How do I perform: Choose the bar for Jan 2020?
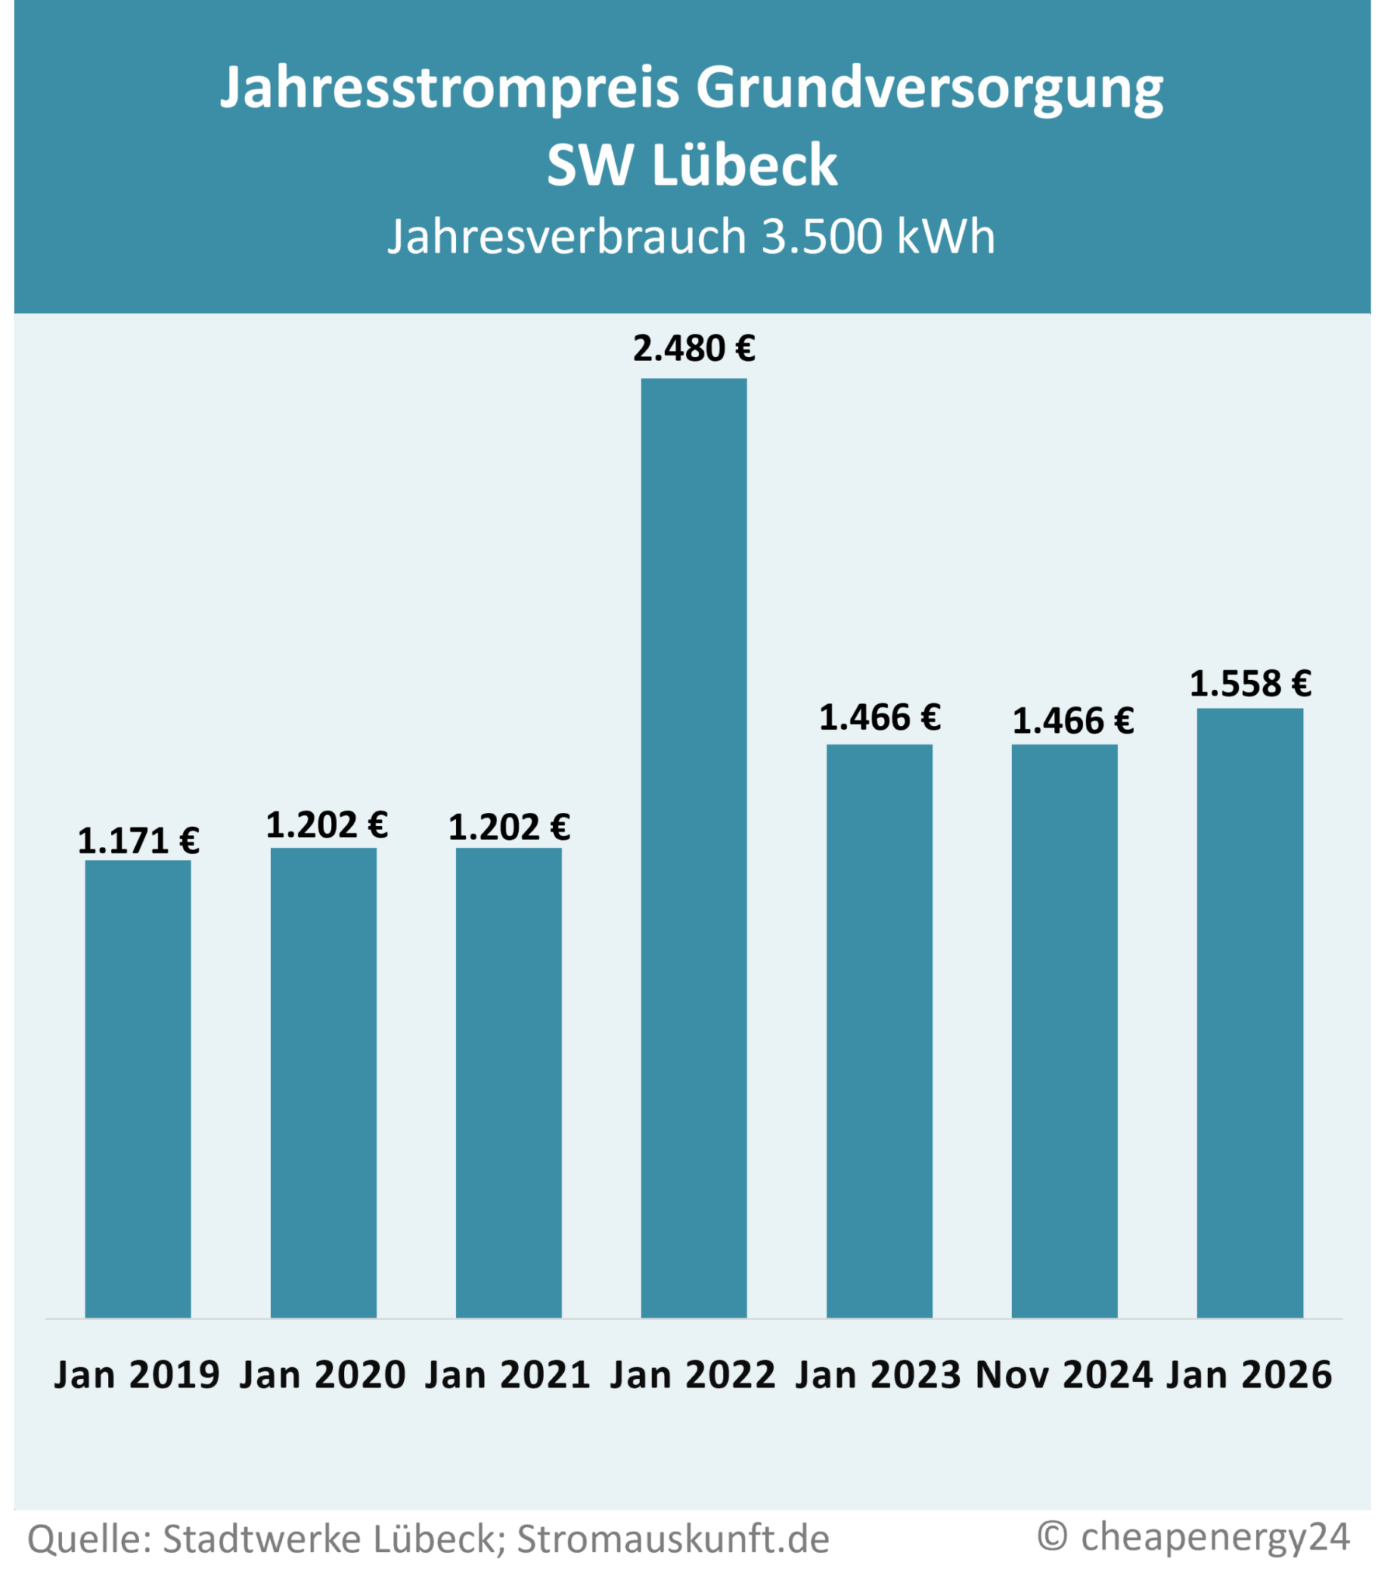323,1083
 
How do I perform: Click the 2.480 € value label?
694,349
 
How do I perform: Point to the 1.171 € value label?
138,841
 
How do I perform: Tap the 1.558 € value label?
1250,684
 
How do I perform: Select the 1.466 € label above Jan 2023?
879,717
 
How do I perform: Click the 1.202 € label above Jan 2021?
509,827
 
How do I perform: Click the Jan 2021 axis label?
508,1375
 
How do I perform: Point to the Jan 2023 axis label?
878,1375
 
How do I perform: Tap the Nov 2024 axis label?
1064,1375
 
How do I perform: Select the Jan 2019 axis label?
137,1375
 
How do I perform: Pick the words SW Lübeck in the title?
692,165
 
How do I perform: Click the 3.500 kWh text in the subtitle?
878,236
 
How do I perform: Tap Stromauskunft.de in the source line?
673,1540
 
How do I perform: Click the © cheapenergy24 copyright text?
1193,1536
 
